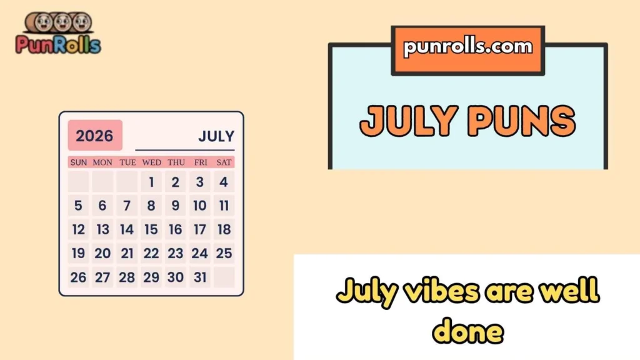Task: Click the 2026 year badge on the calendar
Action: point(95,136)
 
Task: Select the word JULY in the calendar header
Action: point(216,136)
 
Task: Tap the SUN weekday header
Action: point(79,162)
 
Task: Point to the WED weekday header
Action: point(151,162)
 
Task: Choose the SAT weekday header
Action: point(224,162)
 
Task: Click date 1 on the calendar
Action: point(151,182)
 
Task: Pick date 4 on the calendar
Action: point(224,182)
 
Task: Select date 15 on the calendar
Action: point(151,229)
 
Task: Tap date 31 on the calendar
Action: point(199,277)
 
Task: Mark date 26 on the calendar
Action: point(79,277)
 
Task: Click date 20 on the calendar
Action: point(102,253)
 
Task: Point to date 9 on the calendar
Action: point(176,206)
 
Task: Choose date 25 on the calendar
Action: point(224,253)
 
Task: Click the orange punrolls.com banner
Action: point(468,48)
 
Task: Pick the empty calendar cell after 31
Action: point(224,277)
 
